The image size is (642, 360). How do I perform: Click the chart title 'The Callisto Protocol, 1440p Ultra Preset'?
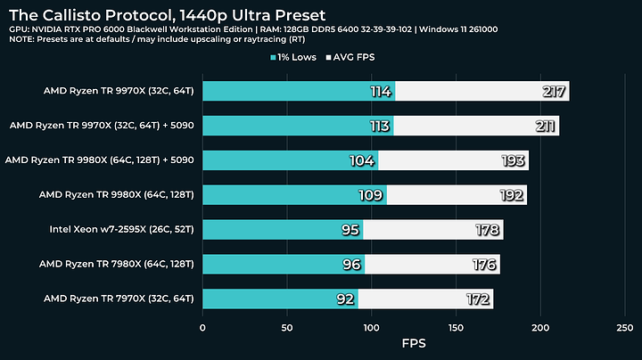[167, 14]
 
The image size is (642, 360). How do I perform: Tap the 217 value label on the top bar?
[554, 91]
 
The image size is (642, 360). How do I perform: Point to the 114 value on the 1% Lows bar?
[381, 91]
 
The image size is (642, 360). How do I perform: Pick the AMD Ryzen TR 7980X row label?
[120, 264]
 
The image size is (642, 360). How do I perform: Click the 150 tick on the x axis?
[456, 327]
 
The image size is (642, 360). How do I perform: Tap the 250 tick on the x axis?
[625, 327]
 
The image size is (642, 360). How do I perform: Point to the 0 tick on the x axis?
[203, 327]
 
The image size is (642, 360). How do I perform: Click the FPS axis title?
[414, 343]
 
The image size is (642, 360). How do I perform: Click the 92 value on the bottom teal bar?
[346, 299]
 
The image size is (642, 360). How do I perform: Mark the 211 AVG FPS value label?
[545, 126]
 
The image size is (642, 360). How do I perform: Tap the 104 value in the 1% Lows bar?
[364, 160]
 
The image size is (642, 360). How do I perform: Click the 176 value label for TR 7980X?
[485, 264]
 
